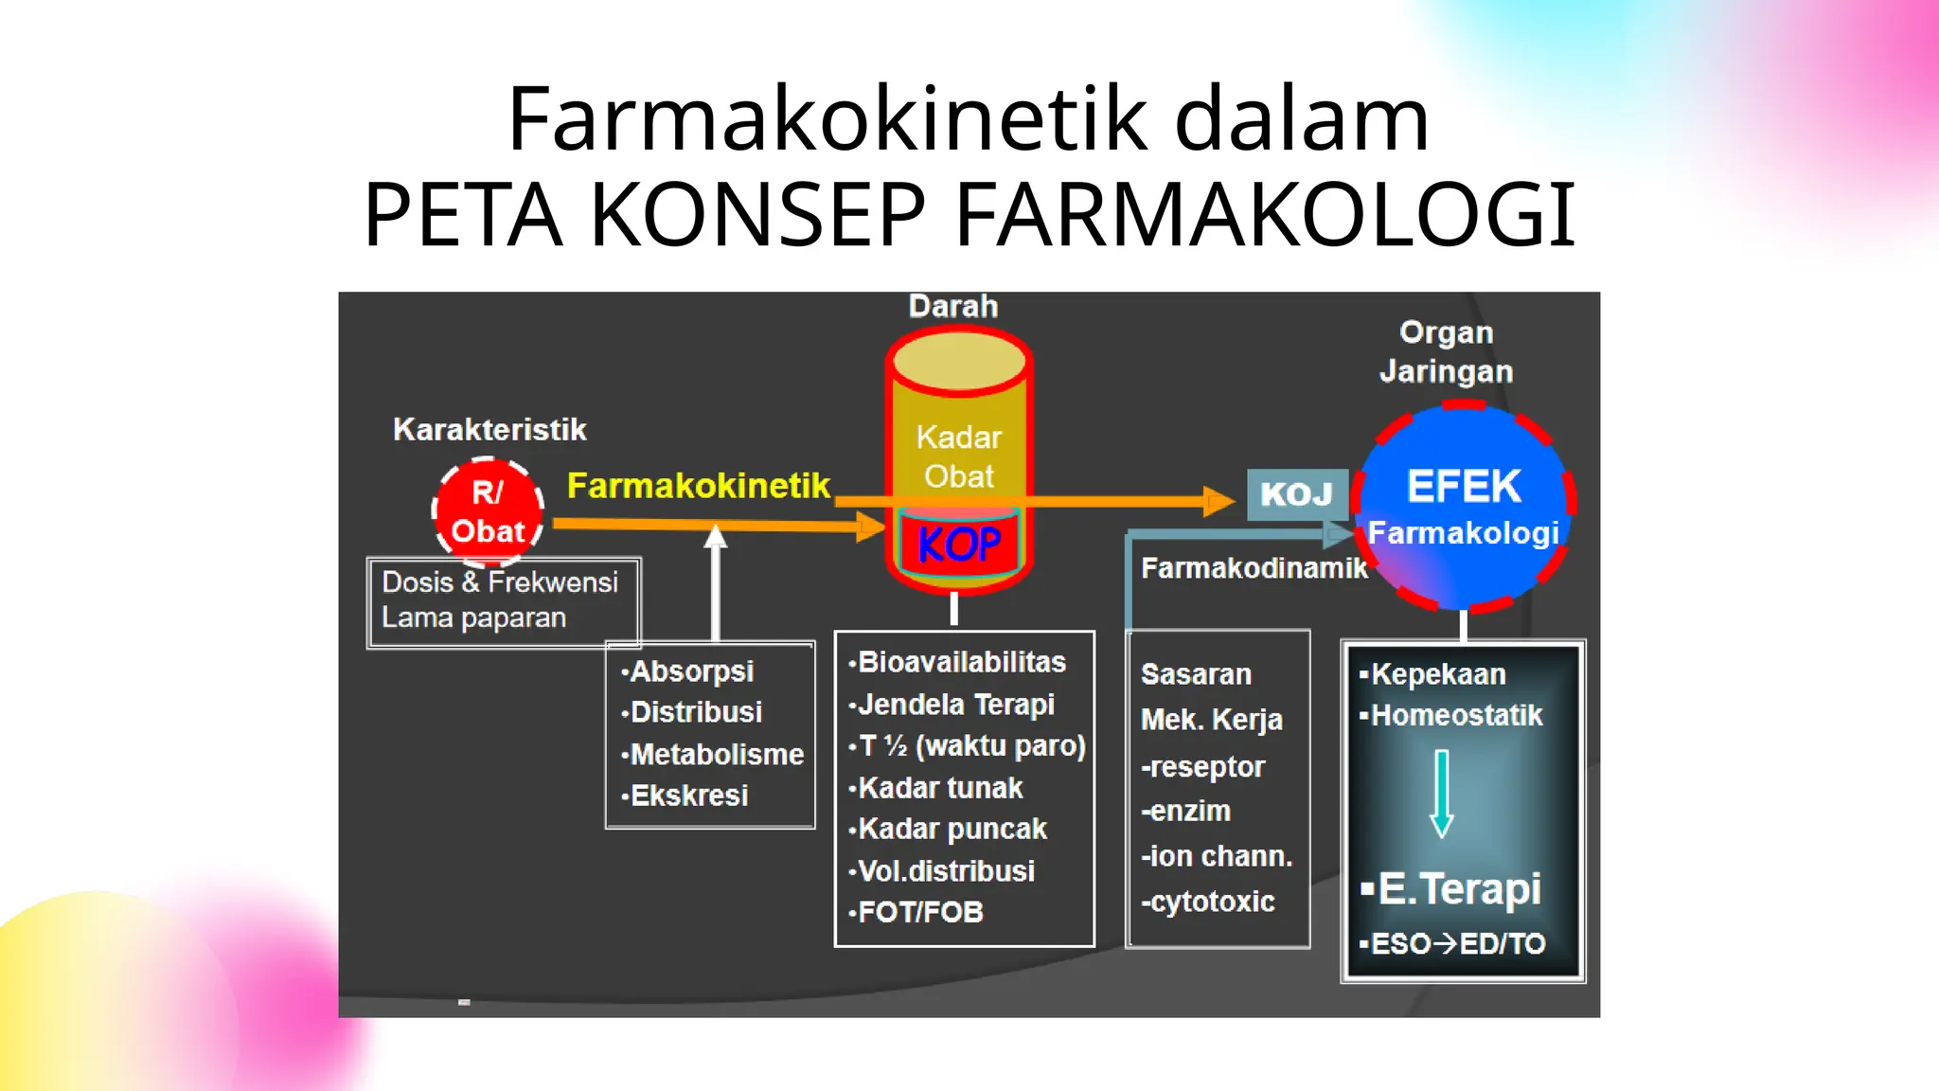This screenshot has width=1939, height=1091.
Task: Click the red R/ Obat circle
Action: [488, 511]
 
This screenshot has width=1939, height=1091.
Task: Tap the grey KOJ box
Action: [1296, 494]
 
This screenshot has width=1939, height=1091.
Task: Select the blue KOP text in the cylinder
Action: [958, 545]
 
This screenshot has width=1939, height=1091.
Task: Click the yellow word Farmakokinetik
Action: [698, 486]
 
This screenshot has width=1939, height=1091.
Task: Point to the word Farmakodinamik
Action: [1254, 568]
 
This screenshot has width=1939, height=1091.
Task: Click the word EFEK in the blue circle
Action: [1464, 487]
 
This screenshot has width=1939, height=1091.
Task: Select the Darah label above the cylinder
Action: [952, 306]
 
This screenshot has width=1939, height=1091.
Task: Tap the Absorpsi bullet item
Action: [691, 671]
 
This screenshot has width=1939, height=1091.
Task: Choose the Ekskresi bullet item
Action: [688, 796]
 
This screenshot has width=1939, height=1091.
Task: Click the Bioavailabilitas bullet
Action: [961, 662]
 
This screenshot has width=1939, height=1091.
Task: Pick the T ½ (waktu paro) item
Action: [970, 746]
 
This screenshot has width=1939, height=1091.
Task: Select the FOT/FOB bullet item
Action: [919, 912]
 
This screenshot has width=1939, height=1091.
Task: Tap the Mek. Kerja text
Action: [1211, 720]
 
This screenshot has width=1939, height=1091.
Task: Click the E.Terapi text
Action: [1458, 889]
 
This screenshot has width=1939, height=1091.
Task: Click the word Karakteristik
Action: [489, 430]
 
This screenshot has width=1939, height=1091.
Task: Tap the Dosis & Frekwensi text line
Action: [499, 581]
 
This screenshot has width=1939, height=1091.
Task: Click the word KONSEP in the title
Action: [757, 215]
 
